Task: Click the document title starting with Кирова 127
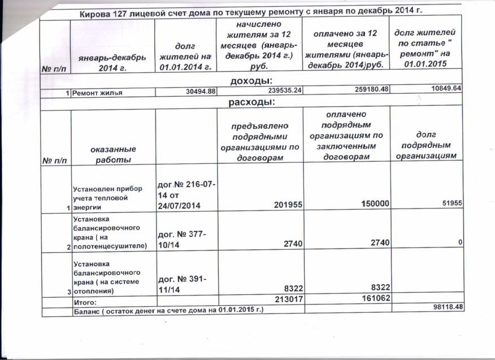[251, 11]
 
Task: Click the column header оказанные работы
[112, 154]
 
